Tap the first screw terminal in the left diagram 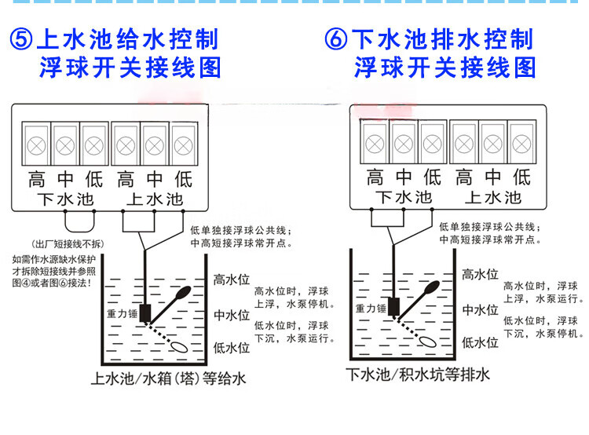[35, 144]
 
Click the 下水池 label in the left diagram [64, 199]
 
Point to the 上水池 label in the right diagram [492, 196]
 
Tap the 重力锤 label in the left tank [122, 313]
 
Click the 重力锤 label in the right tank [371, 309]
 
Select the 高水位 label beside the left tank [232, 280]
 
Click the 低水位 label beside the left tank [232, 347]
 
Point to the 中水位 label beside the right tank [480, 309]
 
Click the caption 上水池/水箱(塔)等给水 [169, 379]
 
